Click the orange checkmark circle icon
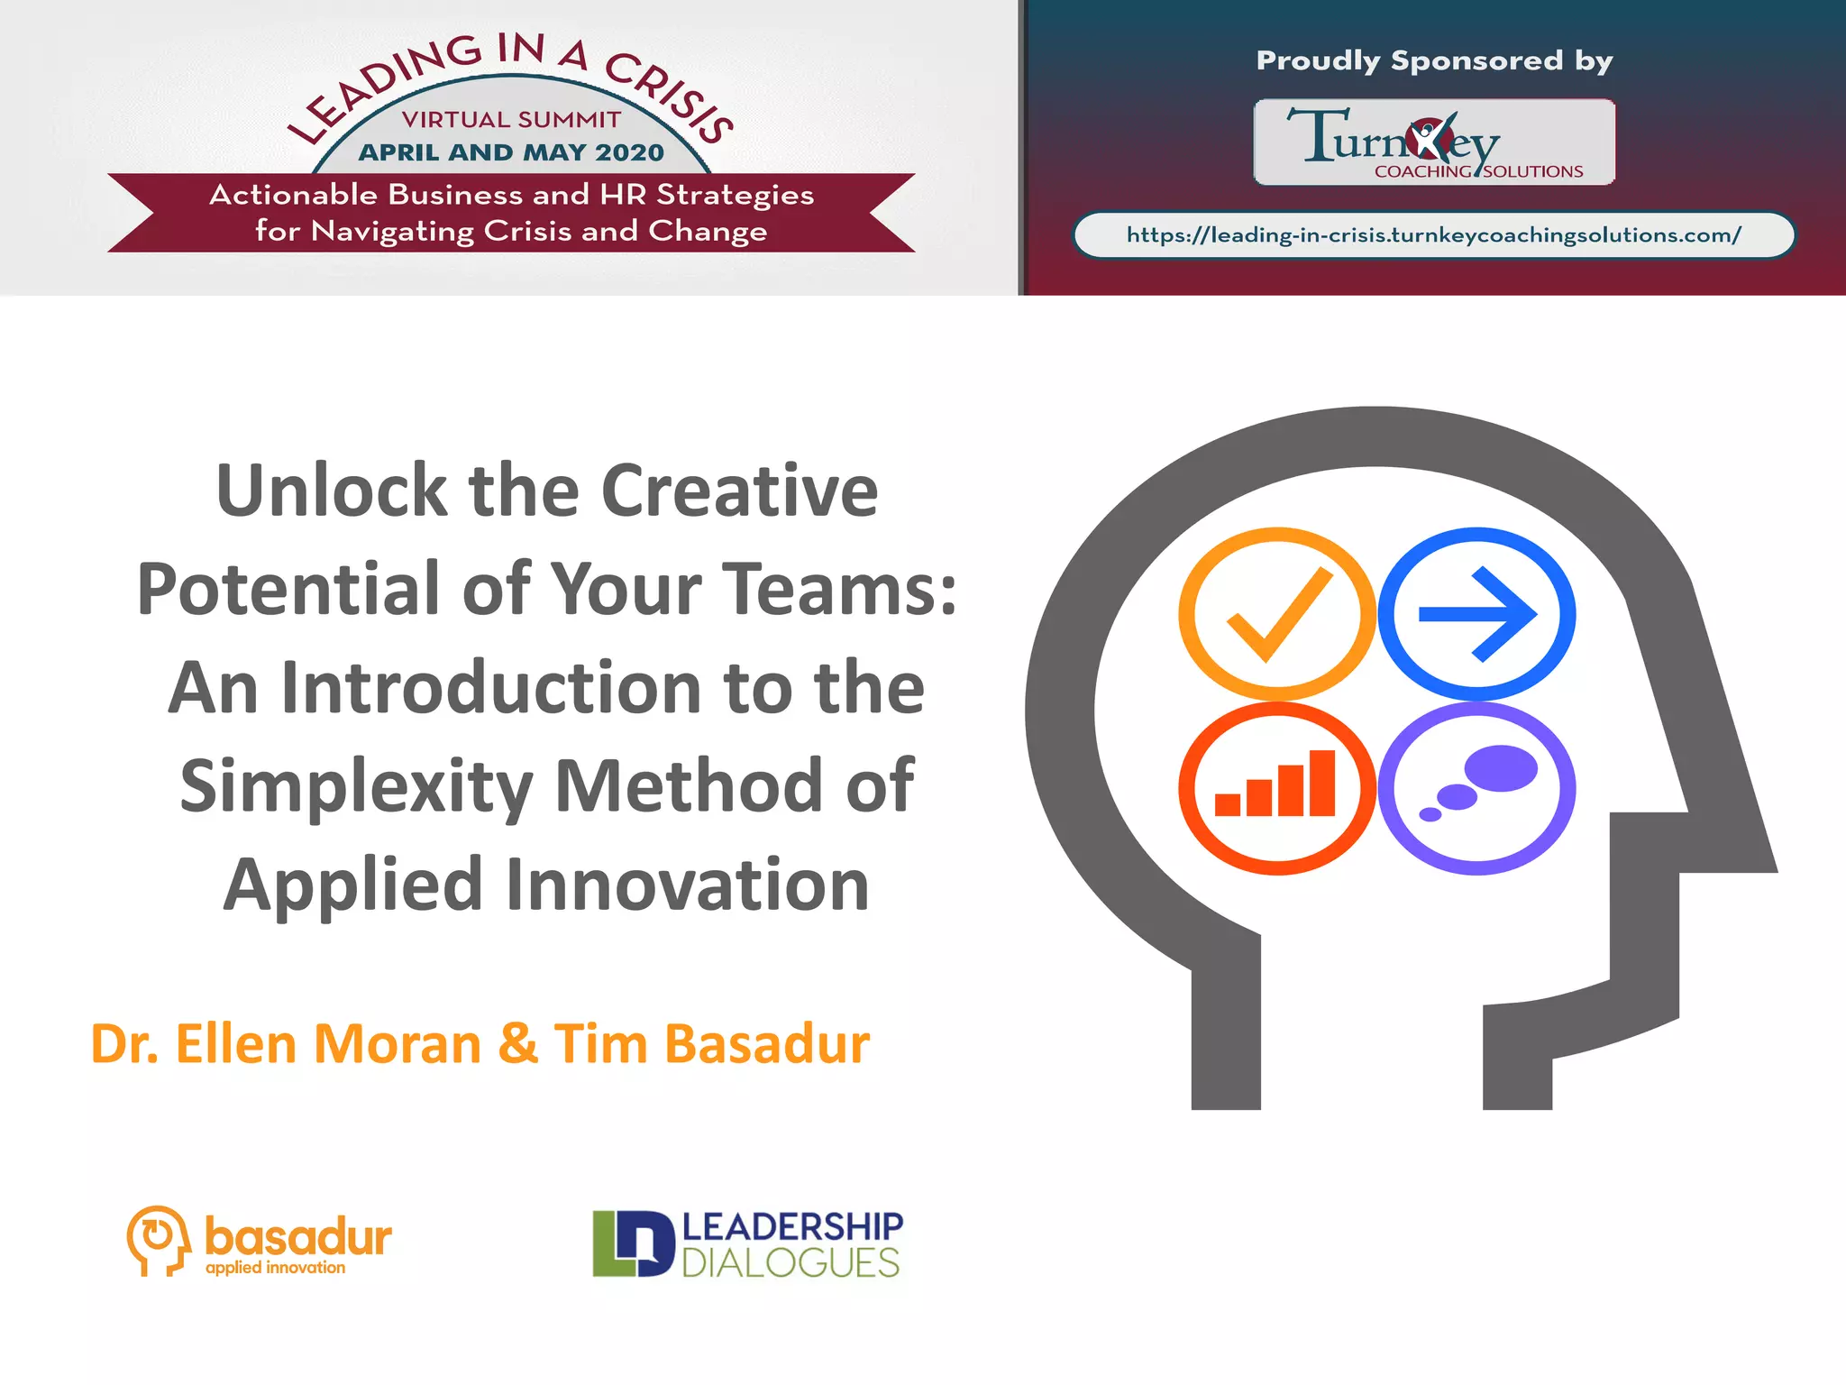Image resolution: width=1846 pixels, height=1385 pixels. [x=1277, y=614]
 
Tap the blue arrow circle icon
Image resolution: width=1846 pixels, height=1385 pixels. [x=1476, y=614]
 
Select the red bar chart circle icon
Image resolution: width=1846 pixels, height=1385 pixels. [x=1277, y=788]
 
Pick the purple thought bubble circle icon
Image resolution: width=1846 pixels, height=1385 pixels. [x=1476, y=788]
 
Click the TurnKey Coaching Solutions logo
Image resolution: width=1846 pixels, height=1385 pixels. [x=1434, y=142]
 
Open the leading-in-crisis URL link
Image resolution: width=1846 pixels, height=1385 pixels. [x=1433, y=235]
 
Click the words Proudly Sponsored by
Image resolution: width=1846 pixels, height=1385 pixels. [x=1434, y=60]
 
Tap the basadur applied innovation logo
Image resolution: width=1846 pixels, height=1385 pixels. [x=260, y=1242]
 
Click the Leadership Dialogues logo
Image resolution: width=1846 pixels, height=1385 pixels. [x=747, y=1244]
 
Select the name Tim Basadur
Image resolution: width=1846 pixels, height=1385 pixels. [x=712, y=1044]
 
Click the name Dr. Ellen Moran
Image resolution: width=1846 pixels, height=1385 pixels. [x=286, y=1044]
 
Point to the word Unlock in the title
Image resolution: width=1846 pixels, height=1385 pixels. [x=331, y=491]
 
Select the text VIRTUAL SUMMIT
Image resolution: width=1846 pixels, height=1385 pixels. [x=511, y=119]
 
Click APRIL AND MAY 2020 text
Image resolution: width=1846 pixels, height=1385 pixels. [x=511, y=152]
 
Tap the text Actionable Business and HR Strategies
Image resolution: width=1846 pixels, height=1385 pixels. [x=511, y=195]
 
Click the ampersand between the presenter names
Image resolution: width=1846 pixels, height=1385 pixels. [x=517, y=1044]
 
